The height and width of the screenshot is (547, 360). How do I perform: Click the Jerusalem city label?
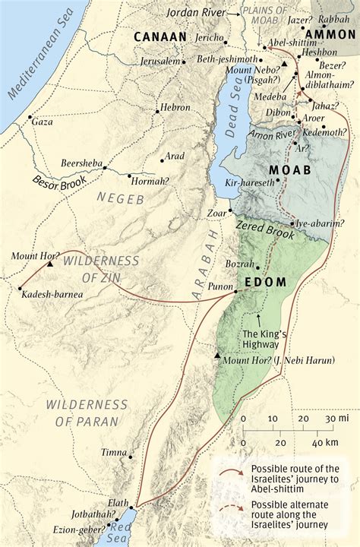point(159,61)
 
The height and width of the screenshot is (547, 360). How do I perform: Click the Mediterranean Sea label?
point(46,61)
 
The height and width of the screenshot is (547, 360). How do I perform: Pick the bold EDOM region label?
point(266,283)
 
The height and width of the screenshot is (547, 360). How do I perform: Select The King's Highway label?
point(262,338)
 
